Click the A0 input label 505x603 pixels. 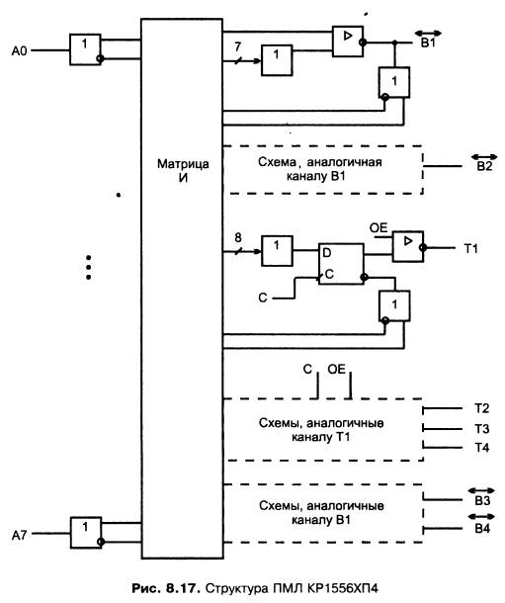pos(19,50)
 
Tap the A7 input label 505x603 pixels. pos(19,535)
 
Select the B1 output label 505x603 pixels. pos(428,43)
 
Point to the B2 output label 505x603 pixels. pos(484,166)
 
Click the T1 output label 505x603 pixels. pos(470,249)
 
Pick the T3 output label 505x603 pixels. pos(481,428)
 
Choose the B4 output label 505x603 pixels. pos(482,529)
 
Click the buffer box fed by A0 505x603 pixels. pos(85,49)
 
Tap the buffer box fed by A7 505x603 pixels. pos(86,532)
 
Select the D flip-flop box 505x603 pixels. pos(341,264)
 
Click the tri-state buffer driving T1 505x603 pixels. pos(408,247)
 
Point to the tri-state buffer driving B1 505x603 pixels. pos(348,42)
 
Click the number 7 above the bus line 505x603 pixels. pos(237,46)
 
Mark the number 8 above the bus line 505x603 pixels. pos(238,237)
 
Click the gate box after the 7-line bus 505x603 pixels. pos(277,60)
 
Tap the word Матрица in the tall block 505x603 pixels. pos(183,164)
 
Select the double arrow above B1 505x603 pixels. pos(428,34)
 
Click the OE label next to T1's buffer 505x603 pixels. pos(379,228)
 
